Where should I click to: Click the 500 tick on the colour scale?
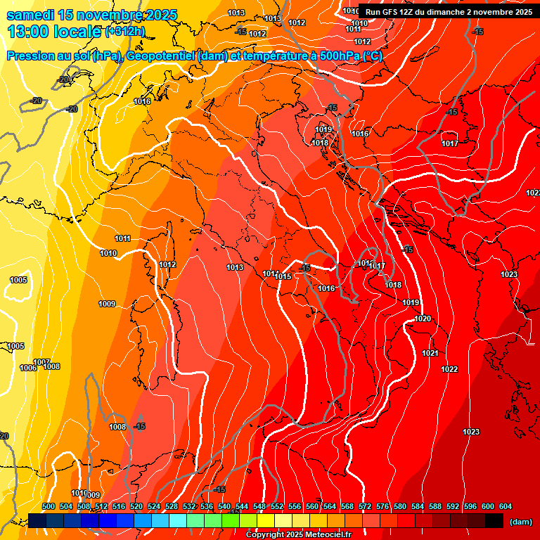(x=49, y=506)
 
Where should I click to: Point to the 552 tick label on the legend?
(x=277, y=506)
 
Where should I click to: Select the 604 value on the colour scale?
(x=506, y=506)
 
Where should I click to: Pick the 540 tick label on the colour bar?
(x=224, y=506)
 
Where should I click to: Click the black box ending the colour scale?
(x=494, y=520)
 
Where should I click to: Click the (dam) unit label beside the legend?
(x=520, y=522)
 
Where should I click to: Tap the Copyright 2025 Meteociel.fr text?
(x=298, y=534)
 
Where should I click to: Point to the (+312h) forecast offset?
(x=124, y=31)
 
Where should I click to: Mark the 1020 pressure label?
(x=423, y=319)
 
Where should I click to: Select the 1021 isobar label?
(x=430, y=353)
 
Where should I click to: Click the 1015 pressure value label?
(x=283, y=277)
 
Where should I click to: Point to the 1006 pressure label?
(x=28, y=368)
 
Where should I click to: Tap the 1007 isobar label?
(x=41, y=361)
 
